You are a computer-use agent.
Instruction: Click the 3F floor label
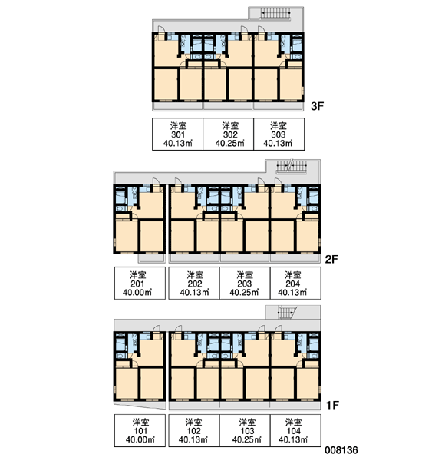317,106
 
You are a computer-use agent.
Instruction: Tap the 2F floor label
331,260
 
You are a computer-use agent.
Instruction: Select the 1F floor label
332,406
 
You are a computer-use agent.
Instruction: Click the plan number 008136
341,450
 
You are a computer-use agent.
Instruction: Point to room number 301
178,134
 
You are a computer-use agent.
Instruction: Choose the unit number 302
230,134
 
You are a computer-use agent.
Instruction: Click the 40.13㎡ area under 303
278,143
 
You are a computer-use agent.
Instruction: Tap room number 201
137,284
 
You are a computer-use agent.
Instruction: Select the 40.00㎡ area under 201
137,293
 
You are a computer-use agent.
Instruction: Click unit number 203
244,284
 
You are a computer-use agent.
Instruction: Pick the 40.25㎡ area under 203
244,293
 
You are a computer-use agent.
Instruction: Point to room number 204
292,284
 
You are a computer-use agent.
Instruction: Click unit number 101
140,431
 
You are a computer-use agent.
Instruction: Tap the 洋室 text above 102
193,423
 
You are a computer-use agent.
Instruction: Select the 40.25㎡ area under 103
247,439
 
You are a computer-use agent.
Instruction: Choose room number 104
293,431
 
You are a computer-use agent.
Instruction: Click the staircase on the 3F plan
275,13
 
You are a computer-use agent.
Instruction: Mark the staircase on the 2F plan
292,166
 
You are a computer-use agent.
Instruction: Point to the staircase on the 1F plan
287,312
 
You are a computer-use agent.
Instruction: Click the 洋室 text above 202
195,275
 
